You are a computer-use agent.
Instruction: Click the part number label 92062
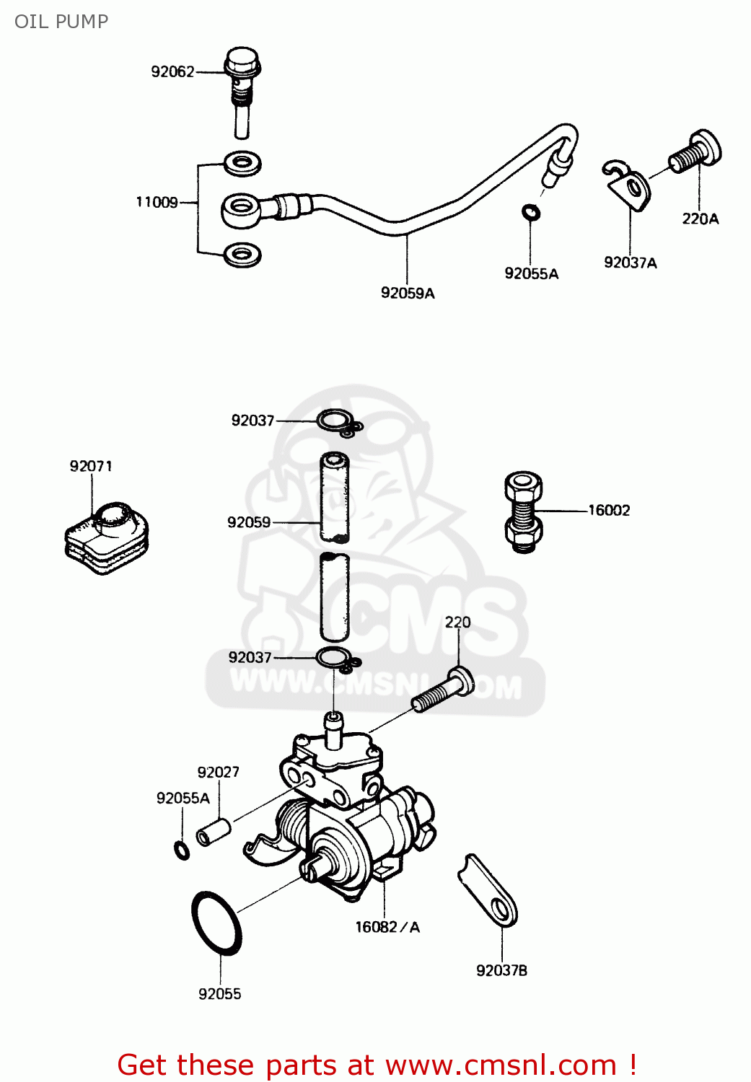[172, 71]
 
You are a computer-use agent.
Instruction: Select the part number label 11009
[157, 203]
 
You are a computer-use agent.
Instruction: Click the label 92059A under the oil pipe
[408, 293]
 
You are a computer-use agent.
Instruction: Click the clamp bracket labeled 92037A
[628, 185]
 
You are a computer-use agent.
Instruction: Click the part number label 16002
[609, 511]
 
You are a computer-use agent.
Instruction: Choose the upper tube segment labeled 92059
[335, 497]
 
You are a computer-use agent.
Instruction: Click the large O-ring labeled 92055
[216, 923]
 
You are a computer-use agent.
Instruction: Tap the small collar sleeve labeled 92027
[214, 832]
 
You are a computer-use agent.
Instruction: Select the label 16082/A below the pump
[387, 928]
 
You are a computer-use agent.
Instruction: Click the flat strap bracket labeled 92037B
[488, 892]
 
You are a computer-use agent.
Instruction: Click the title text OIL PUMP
[61, 22]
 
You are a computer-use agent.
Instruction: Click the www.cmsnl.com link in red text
[501, 1065]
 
